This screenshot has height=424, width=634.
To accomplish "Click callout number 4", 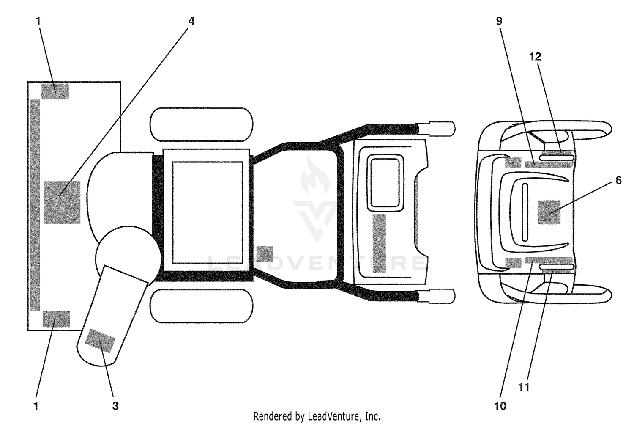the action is tap(191, 21).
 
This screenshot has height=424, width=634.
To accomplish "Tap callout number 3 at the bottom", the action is tap(115, 406).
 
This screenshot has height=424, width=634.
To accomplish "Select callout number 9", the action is tap(499, 21).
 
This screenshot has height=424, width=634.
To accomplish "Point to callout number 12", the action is tap(535, 57).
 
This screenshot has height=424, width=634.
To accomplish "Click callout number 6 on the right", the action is tap(618, 180).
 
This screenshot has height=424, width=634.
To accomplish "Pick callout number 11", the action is tap(524, 387).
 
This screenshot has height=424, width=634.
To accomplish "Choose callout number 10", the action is tap(500, 406).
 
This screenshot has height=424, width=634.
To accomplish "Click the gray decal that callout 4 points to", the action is tap(62, 202).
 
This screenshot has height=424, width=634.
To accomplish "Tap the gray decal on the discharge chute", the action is tap(100, 341).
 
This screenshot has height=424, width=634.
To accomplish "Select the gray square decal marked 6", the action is tap(549, 212).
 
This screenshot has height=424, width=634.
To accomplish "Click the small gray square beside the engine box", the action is tap(265, 254).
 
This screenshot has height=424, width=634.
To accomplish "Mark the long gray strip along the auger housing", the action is tap(35, 205).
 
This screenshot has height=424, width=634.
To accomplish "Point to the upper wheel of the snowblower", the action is tap(201, 124).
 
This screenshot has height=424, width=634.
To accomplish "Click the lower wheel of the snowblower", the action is tap(201, 306).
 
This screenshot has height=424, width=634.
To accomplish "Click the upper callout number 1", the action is tap(38, 21).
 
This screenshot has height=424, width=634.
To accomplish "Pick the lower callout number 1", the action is tap(36, 406).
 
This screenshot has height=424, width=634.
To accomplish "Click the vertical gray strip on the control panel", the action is tap(379, 243).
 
